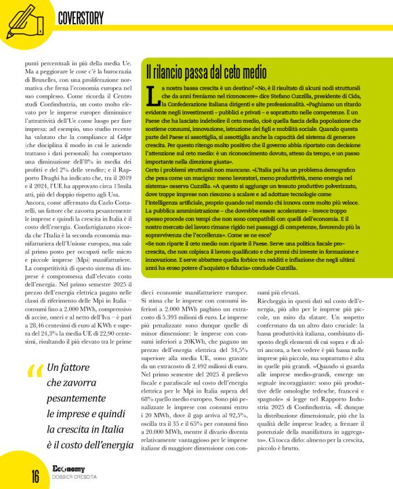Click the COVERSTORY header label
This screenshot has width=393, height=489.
pos(85,16)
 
